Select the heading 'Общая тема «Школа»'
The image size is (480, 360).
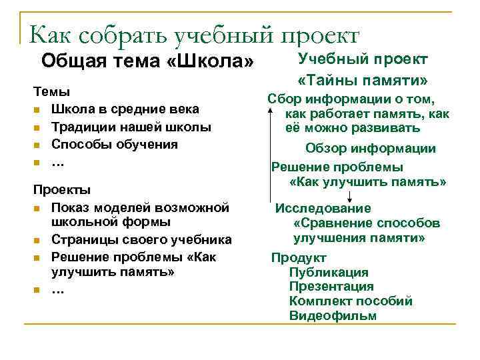[147, 63]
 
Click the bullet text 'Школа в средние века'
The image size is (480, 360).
[125, 109]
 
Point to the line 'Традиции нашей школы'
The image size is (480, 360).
[131, 126]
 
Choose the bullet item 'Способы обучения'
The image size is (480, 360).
[115, 143]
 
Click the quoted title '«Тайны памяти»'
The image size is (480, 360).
[363, 81]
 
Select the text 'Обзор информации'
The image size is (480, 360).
[370, 149]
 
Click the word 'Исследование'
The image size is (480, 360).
[323, 207]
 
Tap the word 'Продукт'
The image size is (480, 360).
[299, 257]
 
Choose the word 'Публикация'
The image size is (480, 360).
[329, 272]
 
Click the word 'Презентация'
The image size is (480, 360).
[331, 287]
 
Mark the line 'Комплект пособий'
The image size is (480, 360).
[351, 301]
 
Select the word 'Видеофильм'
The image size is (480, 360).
[333, 316]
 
